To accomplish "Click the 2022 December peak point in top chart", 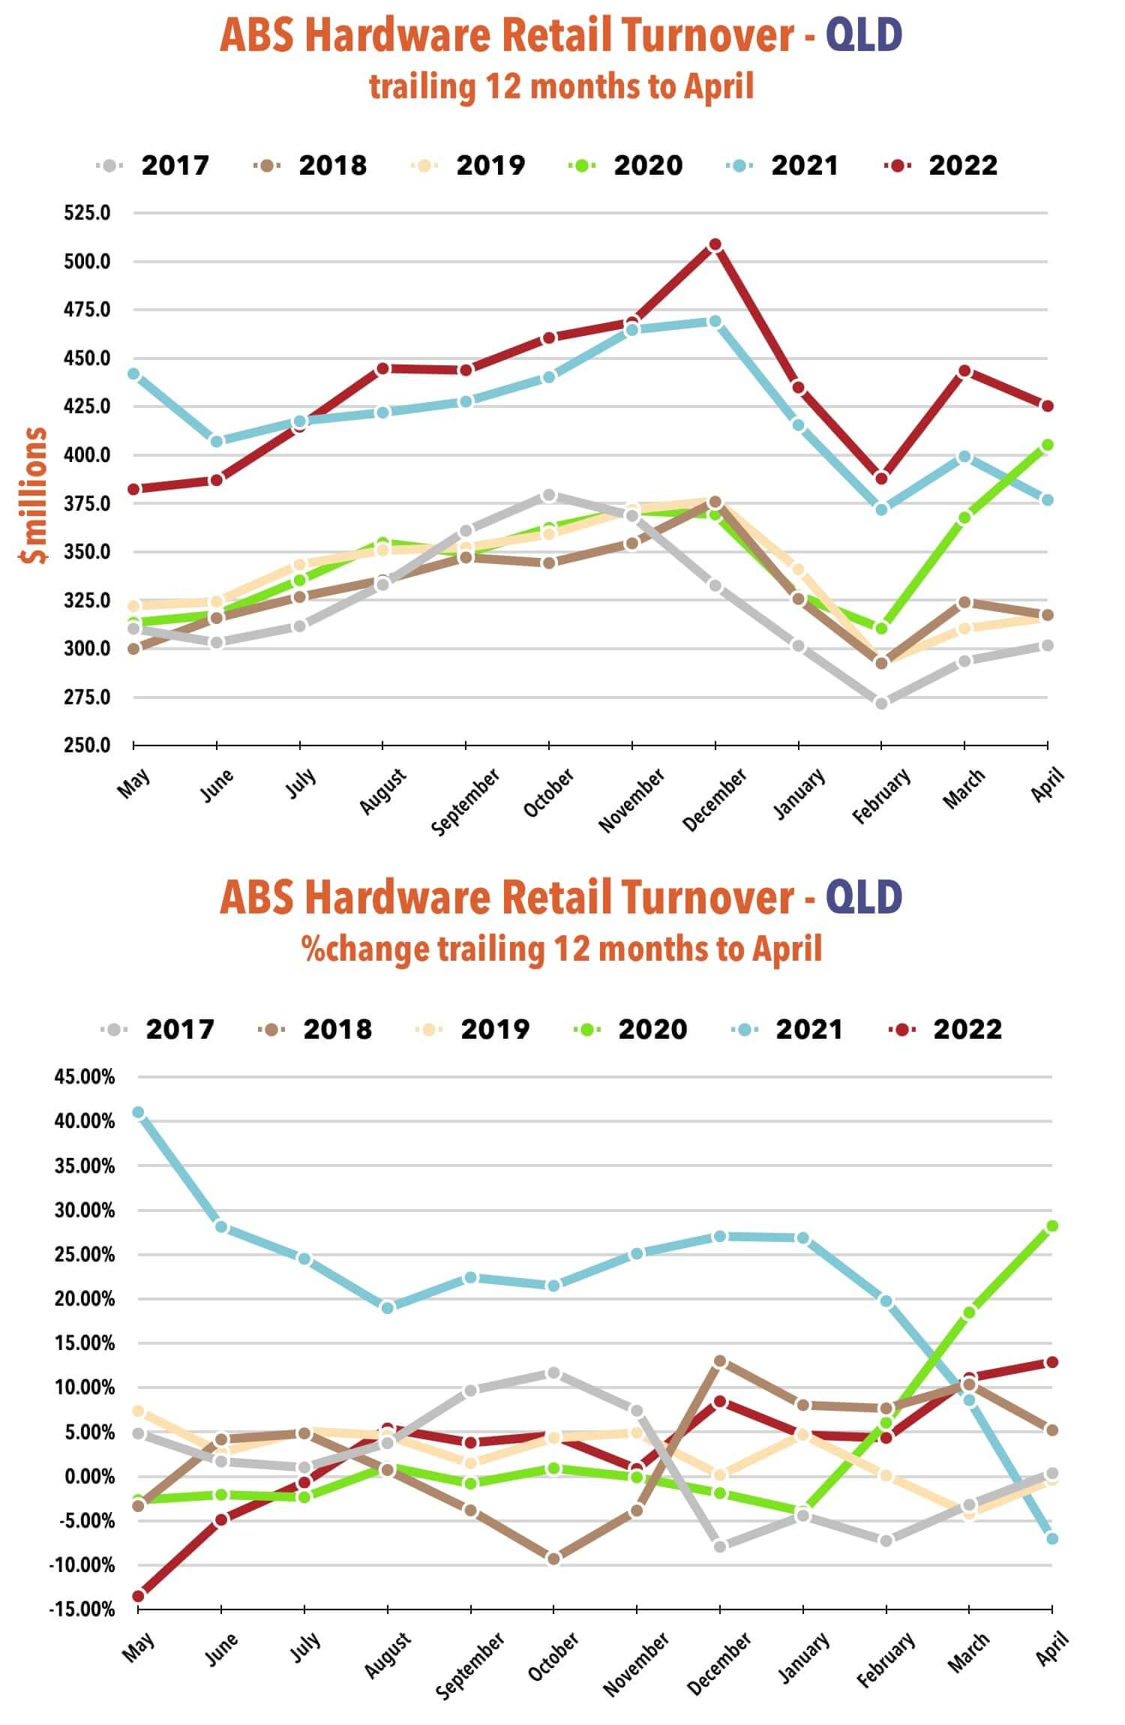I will click(715, 244).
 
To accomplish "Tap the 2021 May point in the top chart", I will click(133, 373).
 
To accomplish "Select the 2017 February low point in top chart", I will click(881, 703).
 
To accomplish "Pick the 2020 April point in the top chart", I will click(1048, 445).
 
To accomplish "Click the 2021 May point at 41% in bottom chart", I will click(138, 1112).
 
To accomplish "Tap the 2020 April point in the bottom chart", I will click(1052, 1226).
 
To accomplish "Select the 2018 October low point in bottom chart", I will click(553, 1558).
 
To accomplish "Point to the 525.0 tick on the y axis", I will click(87, 213).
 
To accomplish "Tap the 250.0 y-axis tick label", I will click(87, 745).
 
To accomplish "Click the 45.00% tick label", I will click(84, 1077).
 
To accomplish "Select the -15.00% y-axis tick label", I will click(82, 1609).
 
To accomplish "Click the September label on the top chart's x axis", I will click(466, 801).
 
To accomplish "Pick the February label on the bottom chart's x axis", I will click(886, 1659).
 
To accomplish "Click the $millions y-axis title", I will click(34, 495).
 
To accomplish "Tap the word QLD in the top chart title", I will click(864, 35).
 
